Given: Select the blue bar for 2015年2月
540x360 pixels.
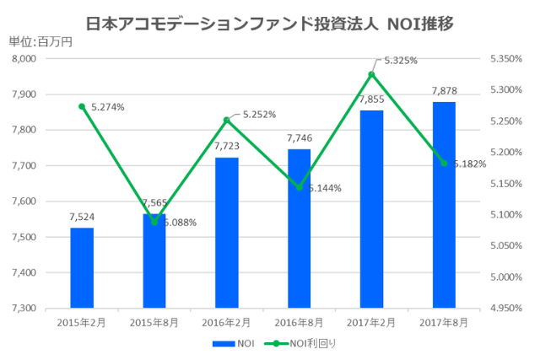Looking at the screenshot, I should coord(82,267).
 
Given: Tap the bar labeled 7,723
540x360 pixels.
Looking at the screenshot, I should coord(227,232).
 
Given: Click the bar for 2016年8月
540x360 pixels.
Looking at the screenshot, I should coord(299,228).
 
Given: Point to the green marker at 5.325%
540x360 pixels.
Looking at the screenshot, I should coord(371,74).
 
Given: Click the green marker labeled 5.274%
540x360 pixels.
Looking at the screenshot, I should coord(82,106).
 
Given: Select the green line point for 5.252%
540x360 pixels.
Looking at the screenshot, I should coord(226,120).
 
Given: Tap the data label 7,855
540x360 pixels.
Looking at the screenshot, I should coord(371,99).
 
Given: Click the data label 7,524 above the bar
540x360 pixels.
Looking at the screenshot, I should coord(82,217).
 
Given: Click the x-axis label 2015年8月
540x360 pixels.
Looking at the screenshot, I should coord(154,322).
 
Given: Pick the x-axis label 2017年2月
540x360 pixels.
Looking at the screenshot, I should coord(371,322).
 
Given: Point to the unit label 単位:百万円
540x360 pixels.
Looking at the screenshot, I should coord(40,41).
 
